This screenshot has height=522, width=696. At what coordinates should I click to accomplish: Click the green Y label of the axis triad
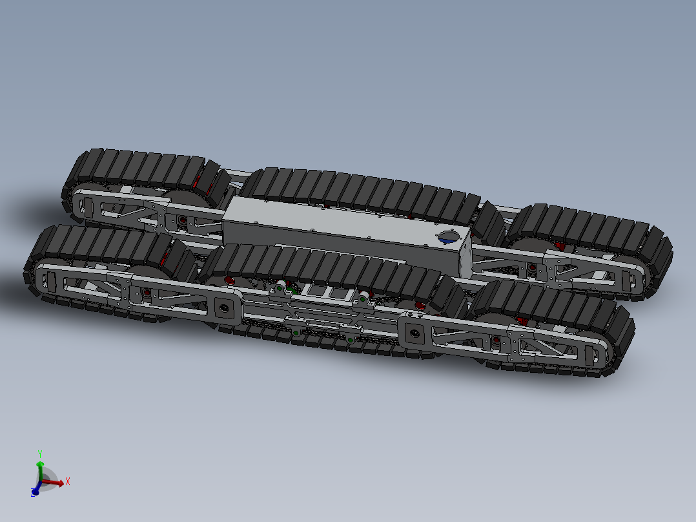(40, 454)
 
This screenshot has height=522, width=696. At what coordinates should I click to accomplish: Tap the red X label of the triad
(67, 481)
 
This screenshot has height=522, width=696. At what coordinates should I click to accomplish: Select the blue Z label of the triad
(32, 494)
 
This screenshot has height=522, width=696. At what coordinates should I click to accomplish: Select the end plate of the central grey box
(467, 256)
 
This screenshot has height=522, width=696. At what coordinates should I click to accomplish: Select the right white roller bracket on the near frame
(363, 298)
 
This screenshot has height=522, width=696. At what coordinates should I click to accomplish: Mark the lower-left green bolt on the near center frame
(294, 333)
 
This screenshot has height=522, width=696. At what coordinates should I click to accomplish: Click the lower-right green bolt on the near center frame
(350, 340)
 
